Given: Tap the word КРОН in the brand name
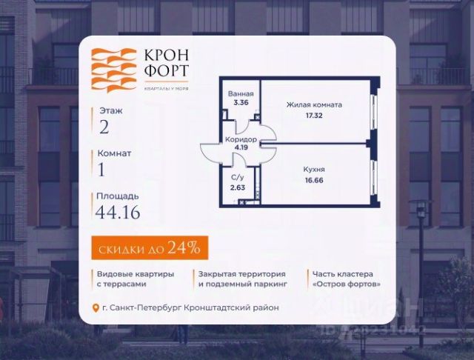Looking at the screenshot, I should pos(167,56).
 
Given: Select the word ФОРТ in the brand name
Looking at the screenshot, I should pos(167,72).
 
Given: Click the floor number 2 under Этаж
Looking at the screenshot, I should pos(104,127).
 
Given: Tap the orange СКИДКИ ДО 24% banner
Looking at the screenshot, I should pos(150,247).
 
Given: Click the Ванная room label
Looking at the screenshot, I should pos(242,94).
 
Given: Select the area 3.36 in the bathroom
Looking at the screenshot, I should pos(241,103).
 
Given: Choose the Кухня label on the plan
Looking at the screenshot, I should pos(314,169).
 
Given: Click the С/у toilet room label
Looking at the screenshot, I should pos(238,178).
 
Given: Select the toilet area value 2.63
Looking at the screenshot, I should pos(238,187).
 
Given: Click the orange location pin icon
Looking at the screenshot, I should pos(95,307).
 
